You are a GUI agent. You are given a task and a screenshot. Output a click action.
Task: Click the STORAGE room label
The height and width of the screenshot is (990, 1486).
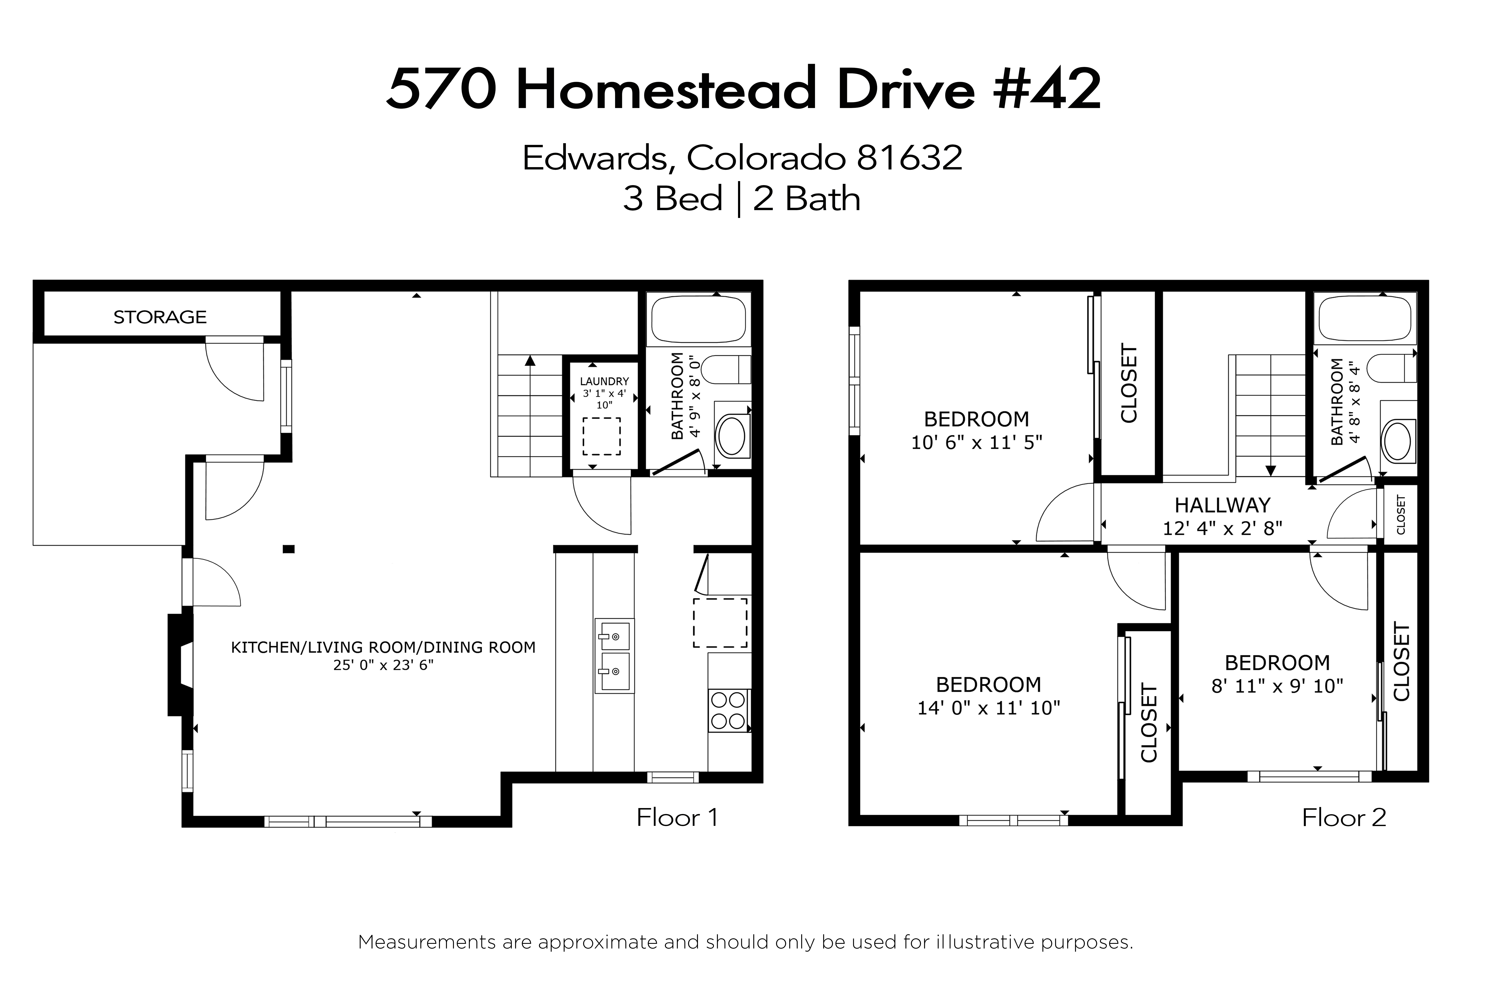tap(160, 317)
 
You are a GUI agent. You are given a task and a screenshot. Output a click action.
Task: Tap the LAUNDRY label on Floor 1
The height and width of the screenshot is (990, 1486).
tap(604, 381)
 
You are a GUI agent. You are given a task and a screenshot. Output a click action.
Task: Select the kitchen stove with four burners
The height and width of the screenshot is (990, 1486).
tap(728, 711)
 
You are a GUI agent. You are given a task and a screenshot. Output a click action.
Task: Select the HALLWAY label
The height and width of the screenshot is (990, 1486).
tap(1222, 505)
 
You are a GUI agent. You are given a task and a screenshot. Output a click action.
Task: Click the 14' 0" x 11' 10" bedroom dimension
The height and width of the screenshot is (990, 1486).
tap(988, 708)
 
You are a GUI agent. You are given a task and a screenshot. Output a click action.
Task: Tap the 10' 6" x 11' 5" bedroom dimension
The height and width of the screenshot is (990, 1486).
tap(976, 443)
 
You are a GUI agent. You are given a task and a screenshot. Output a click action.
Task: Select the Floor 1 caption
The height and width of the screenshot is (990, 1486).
tap(677, 818)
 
